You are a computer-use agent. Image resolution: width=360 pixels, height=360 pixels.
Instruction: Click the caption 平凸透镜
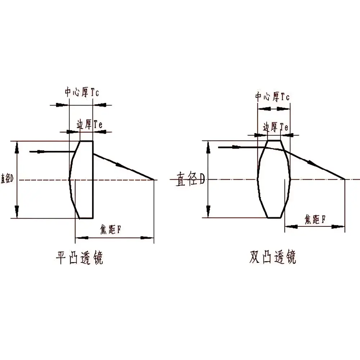click(x=80, y=258)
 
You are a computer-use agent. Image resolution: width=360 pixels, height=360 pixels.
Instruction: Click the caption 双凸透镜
click(x=273, y=257)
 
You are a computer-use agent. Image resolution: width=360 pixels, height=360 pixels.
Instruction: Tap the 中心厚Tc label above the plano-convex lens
click(x=82, y=92)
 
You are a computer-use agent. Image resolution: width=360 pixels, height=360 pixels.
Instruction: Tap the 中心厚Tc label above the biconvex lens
click(x=272, y=96)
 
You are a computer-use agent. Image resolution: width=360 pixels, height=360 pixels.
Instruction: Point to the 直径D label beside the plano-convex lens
click(x=7, y=179)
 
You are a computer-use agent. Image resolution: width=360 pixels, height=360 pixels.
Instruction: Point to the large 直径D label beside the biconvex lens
click(x=190, y=179)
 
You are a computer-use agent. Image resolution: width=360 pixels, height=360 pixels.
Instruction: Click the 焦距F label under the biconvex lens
click(x=315, y=219)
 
